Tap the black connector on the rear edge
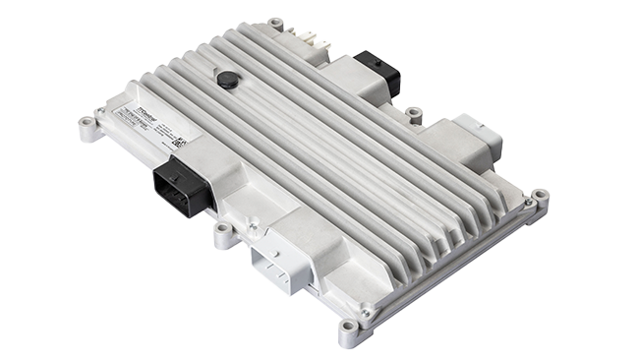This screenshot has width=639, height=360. tap(378, 70)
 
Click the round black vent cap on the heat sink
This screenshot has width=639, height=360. tap(228, 80)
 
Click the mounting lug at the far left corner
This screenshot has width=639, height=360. tap(89, 127)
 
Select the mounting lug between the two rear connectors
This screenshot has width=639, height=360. tap(415, 114)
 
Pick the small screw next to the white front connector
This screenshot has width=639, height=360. tap(254, 227)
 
